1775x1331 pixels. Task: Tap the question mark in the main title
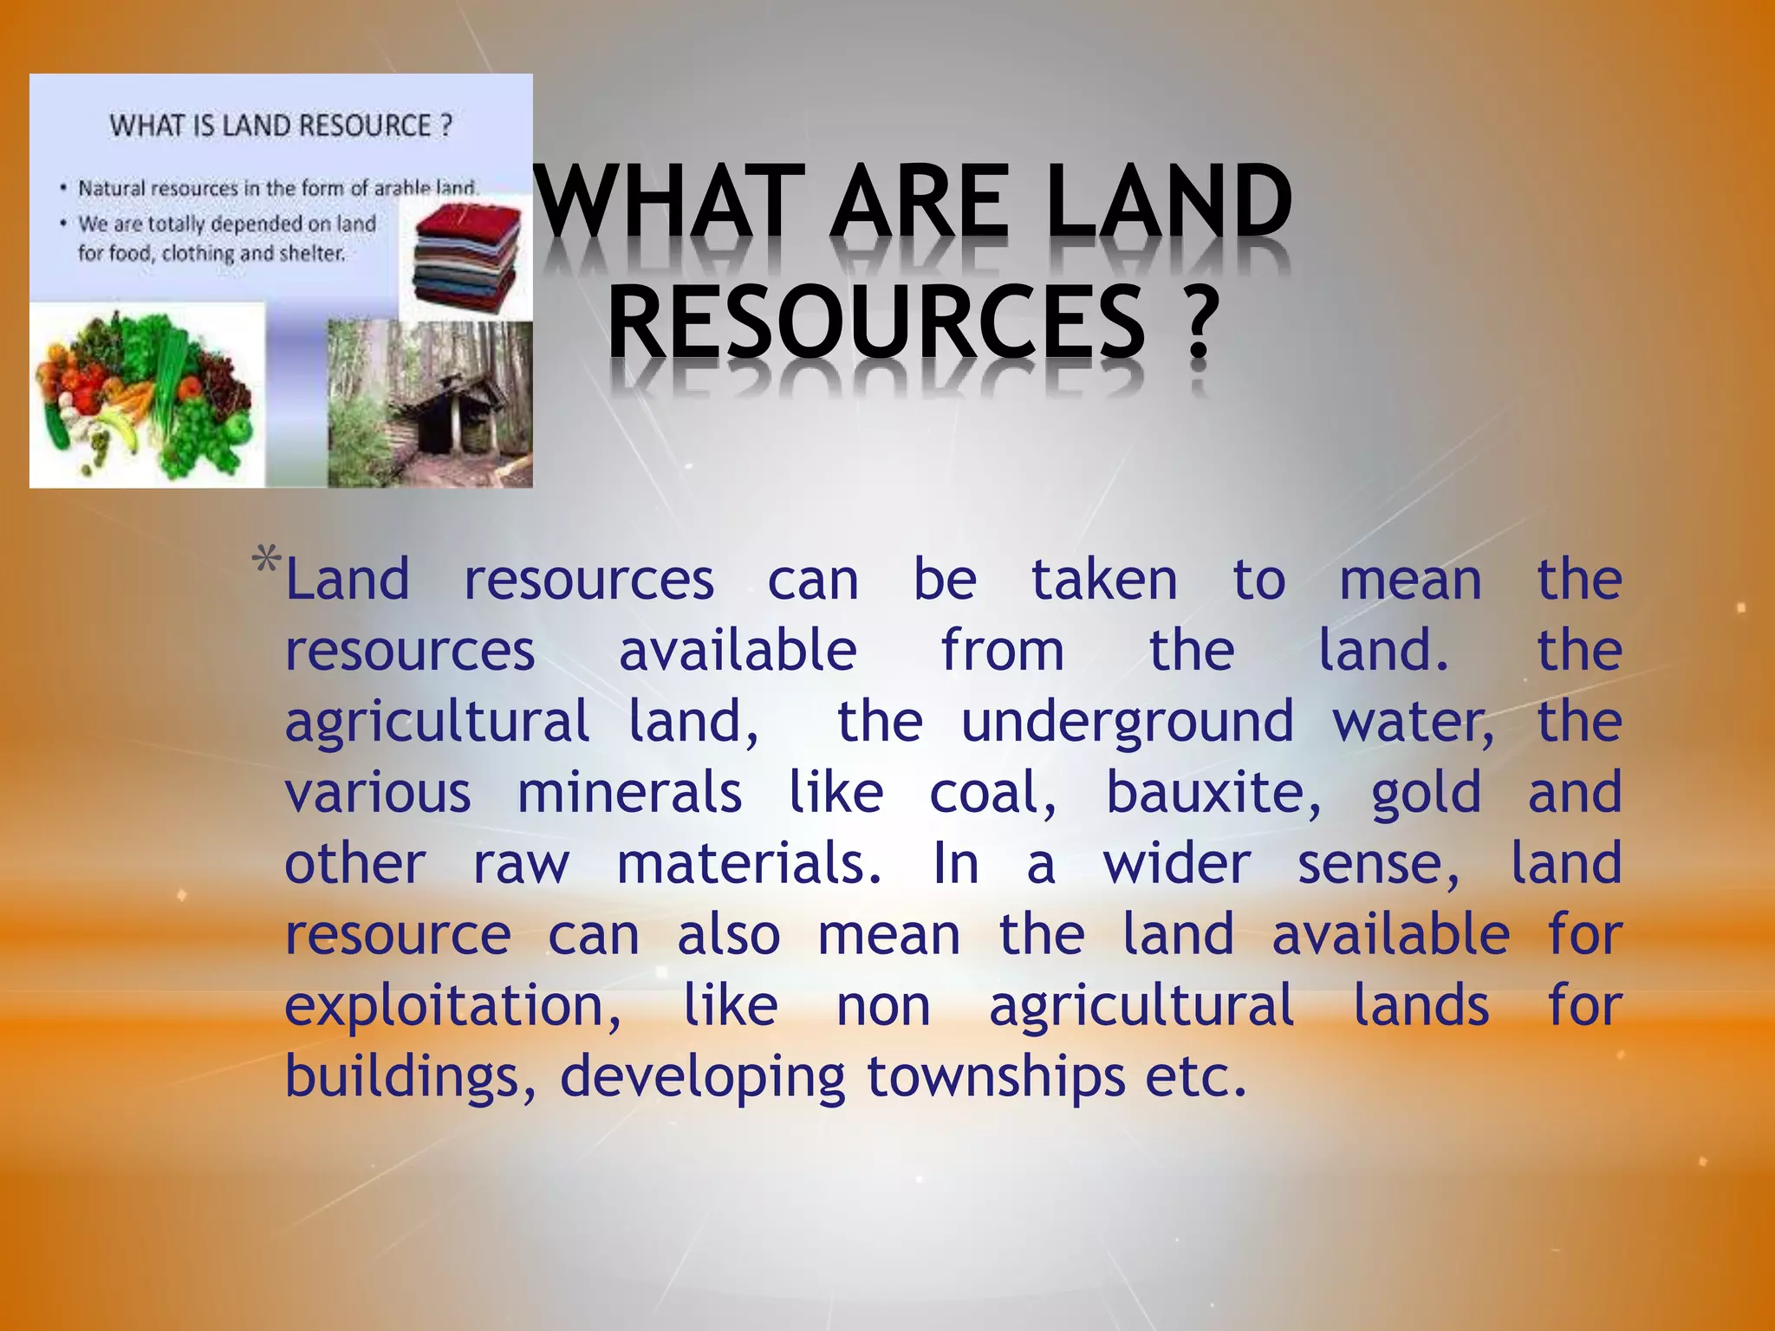1199,322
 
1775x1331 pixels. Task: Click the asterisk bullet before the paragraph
266,562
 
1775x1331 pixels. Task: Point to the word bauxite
1213,793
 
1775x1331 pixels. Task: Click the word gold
1426,793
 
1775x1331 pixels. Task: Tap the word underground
1127,722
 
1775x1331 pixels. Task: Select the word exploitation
452,1006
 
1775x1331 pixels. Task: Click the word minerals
629,793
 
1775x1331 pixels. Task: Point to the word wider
1176,864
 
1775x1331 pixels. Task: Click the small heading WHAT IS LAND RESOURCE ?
281,127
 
